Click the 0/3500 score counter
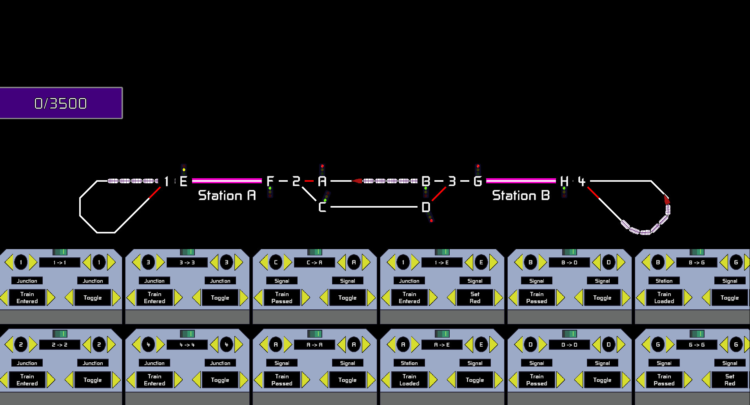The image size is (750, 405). [61, 103]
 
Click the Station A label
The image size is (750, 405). [227, 195]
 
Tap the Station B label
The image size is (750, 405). [521, 195]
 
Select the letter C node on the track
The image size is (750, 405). [322, 207]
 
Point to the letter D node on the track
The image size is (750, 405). [426, 207]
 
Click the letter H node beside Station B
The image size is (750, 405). [564, 181]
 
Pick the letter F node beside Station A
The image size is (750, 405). [270, 181]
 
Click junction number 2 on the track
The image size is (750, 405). [296, 181]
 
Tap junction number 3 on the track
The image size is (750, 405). [452, 181]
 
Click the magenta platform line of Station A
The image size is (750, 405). [227, 181]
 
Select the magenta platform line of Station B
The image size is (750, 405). [521, 181]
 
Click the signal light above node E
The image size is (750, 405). [184, 169]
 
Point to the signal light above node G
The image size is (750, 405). [478, 169]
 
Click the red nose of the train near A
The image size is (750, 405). [357, 181]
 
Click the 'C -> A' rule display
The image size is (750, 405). [314, 262]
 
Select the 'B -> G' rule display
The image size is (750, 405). [697, 262]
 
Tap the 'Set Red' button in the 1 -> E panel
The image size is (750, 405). [475, 298]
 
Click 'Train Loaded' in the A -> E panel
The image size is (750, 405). [409, 380]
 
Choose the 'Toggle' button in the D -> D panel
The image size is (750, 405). [602, 380]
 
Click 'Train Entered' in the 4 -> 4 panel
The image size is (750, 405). [154, 380]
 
